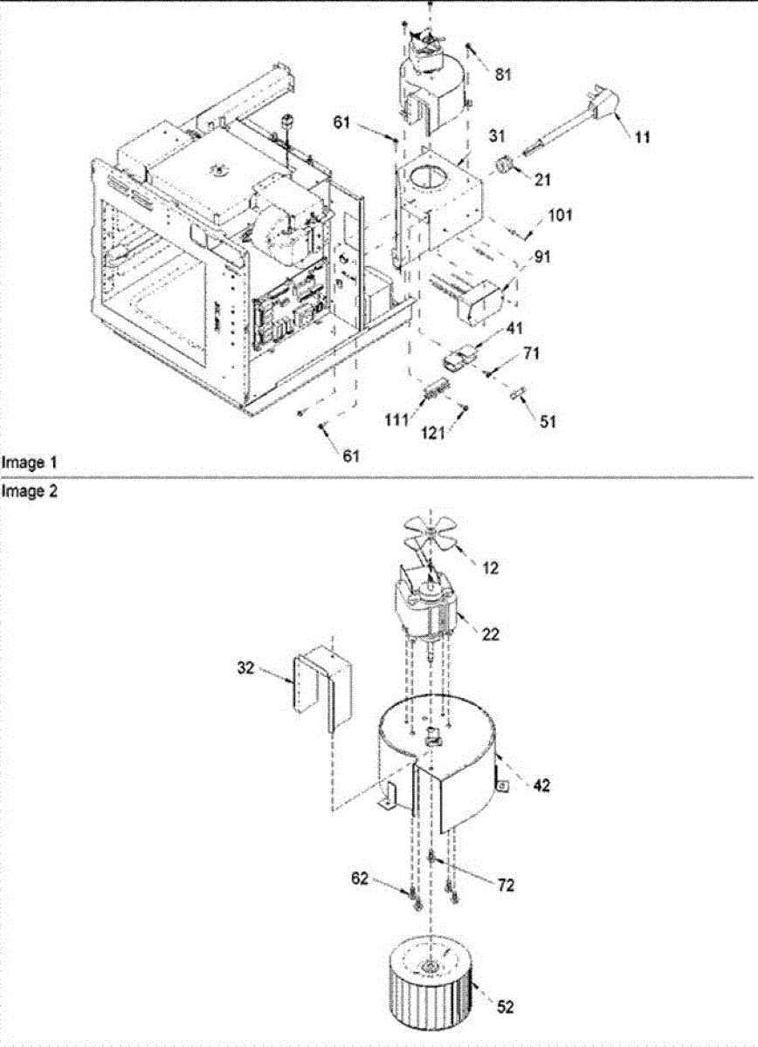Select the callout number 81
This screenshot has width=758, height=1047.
[x=502, y=76]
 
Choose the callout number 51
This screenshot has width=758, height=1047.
[x=547, y=421]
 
